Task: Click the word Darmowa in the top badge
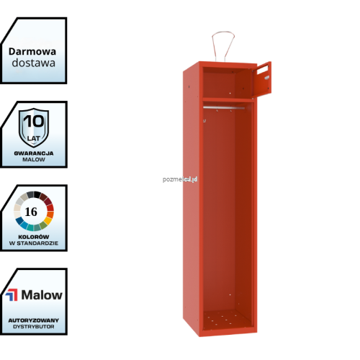32,52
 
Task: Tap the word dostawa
34,63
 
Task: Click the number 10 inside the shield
34,121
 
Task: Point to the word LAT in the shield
34,138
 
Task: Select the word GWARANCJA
34,153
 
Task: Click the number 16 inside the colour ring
31,212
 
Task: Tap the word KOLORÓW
34,237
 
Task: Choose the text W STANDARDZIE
34,243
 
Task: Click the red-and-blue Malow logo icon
12,295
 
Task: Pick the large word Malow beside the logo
42,295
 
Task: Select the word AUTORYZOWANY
34,320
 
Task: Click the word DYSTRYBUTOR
34,327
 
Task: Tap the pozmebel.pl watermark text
180,179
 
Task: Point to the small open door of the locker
261,80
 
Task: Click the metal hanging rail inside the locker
224,108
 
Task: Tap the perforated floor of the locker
227,318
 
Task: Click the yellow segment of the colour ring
48,221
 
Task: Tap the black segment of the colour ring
37,194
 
